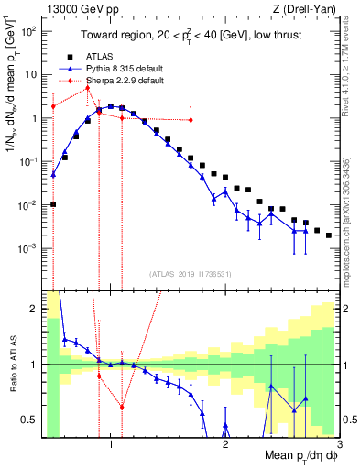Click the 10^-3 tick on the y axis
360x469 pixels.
coord(30,248)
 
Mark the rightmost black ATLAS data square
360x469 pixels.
coord(328,234)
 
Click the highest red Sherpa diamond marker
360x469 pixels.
coord(87,88)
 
